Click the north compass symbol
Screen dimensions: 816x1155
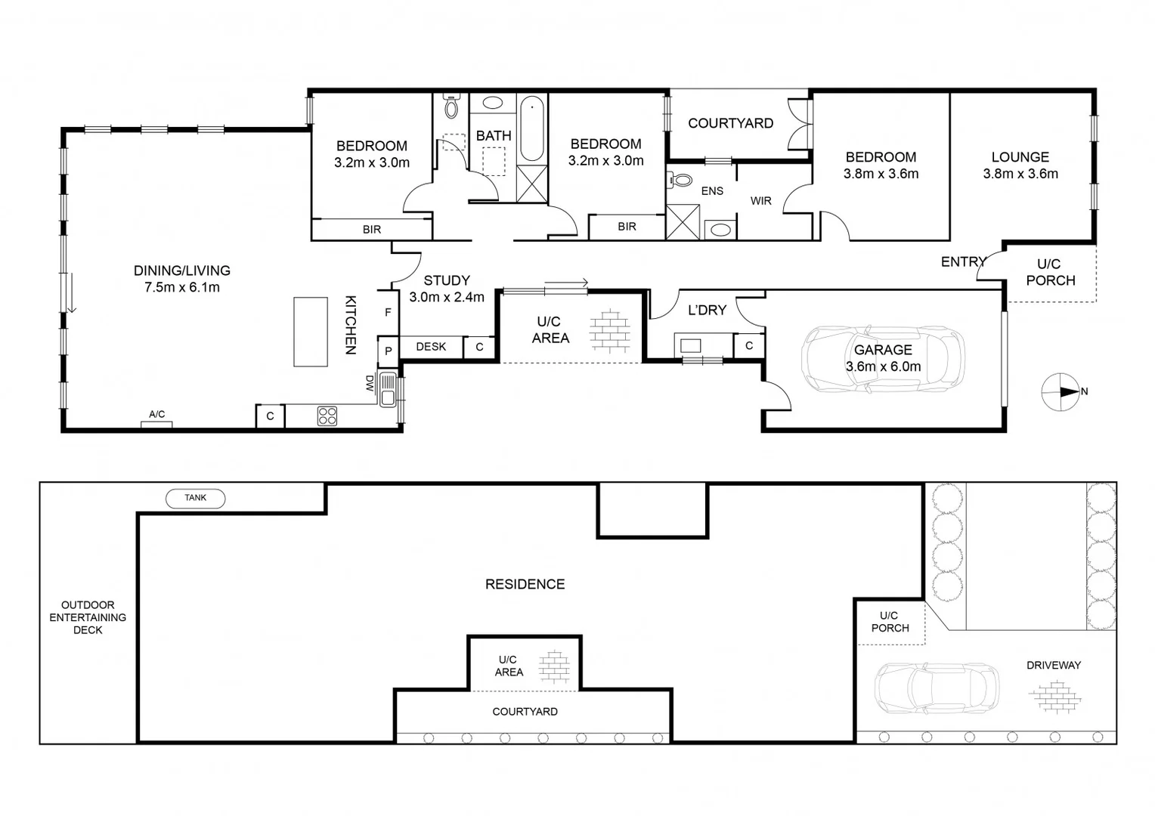pos(1061,392)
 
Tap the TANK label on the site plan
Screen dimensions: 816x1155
pos(195,498)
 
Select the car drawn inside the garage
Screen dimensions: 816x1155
pos(882,359)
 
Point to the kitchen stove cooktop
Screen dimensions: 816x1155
pos(327,416)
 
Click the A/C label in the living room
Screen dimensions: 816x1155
pos(156,415)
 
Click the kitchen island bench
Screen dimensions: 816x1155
pos(311,332)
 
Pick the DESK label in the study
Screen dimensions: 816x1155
pos(431,347)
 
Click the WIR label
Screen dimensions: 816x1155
pos(760,201)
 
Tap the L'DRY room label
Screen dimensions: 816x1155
pos(707,310)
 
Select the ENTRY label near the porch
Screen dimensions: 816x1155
pos(963,262)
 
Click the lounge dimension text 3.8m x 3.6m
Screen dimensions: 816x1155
pos(1020,174)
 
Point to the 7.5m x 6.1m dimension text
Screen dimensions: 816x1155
pos(181,287)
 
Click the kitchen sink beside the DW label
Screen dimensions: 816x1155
pos(388,390)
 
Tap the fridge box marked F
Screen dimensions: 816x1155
pos(388,313)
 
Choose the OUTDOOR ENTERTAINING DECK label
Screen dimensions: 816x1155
pos(88,617)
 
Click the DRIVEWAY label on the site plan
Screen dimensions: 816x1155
pos(1053,666)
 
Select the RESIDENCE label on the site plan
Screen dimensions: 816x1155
pos(525,584)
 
